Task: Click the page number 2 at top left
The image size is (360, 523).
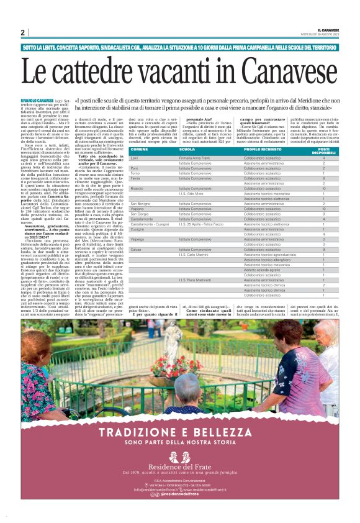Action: (x=22, y=32)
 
